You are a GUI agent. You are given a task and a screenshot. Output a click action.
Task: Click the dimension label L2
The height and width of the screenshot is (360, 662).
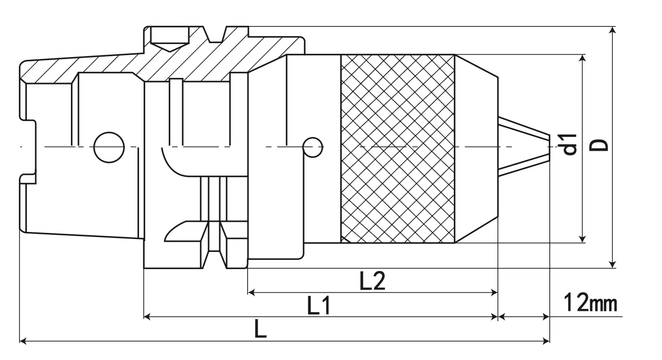(373, 281)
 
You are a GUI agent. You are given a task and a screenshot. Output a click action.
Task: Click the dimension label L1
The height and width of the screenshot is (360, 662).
(319, 306)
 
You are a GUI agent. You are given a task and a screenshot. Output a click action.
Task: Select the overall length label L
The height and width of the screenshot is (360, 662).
(261, 330)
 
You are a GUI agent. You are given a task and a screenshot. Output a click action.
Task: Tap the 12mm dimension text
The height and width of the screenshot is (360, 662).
(590, 304)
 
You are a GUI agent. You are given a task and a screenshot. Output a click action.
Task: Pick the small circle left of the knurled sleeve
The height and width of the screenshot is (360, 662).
(313, 147)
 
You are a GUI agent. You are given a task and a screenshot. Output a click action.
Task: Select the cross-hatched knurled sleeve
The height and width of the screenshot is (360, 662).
(397, 148)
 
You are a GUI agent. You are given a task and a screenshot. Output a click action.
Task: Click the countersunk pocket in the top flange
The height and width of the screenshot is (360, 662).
(170, 38)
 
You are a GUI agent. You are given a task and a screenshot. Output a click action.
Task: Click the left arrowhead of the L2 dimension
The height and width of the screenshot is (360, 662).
(251, 292)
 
